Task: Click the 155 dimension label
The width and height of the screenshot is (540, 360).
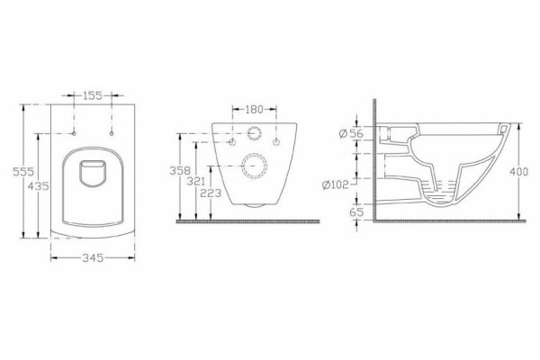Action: (x=93, y=95)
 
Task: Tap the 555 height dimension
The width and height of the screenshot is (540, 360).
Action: (x=22, y=171)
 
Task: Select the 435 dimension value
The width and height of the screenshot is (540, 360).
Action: (x=38, y=186)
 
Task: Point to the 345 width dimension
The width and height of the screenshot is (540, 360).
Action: (x=93, y=257)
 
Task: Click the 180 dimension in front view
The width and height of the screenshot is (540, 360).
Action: (x=254, y=110)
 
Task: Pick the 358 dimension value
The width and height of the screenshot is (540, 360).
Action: (x=180, y=170)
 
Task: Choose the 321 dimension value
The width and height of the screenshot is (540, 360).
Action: (x=196, y=181)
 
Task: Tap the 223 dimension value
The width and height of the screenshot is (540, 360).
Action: (x=211, y=193)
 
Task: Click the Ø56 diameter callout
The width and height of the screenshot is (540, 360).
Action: (x=351, y=133)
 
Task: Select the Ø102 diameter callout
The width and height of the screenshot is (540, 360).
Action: (x=336, y=185)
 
